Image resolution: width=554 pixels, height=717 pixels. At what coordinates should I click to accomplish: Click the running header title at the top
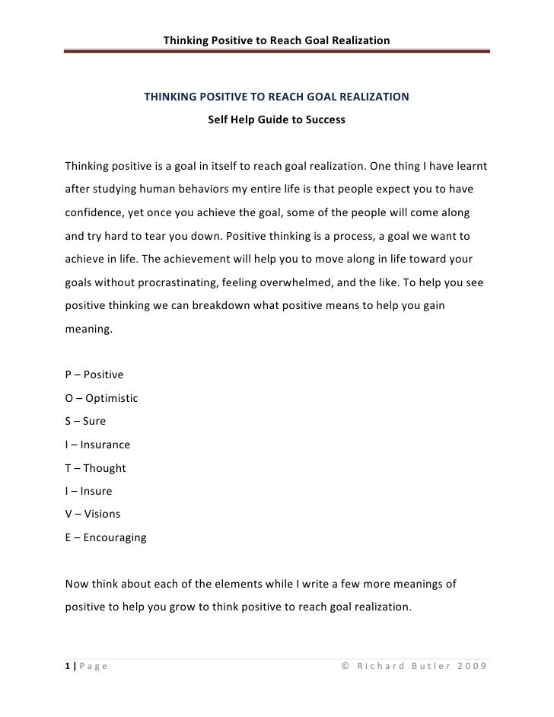pos(276,39)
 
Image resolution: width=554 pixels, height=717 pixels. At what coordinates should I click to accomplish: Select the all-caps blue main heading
pos(276,97)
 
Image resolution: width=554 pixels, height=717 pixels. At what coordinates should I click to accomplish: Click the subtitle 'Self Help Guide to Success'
pos(276,120)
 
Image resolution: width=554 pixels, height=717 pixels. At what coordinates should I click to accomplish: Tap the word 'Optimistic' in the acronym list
pos(112,398)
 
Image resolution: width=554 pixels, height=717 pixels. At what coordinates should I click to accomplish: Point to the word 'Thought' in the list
pos(104,468)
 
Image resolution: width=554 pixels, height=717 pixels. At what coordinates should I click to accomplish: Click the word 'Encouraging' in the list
pos(114,537)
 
